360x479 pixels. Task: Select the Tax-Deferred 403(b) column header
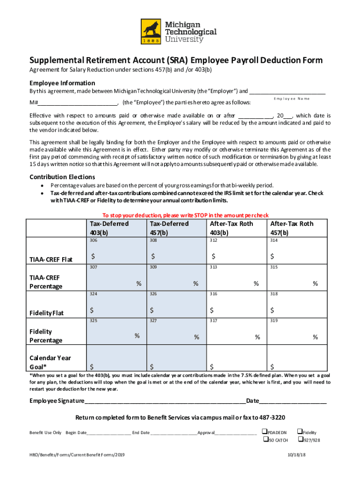(109, 228)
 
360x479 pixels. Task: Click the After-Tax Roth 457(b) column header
(291, 228)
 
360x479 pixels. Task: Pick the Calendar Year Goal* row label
(50, 362)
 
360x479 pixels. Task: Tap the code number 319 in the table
(274, 321)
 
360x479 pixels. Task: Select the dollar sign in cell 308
(152, 256)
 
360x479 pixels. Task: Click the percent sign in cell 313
(256, 283)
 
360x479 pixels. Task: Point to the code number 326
(153, 294)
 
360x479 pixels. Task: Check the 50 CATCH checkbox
(265, 440)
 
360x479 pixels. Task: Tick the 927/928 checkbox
(300, 440)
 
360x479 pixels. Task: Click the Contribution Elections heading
(62, 177)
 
